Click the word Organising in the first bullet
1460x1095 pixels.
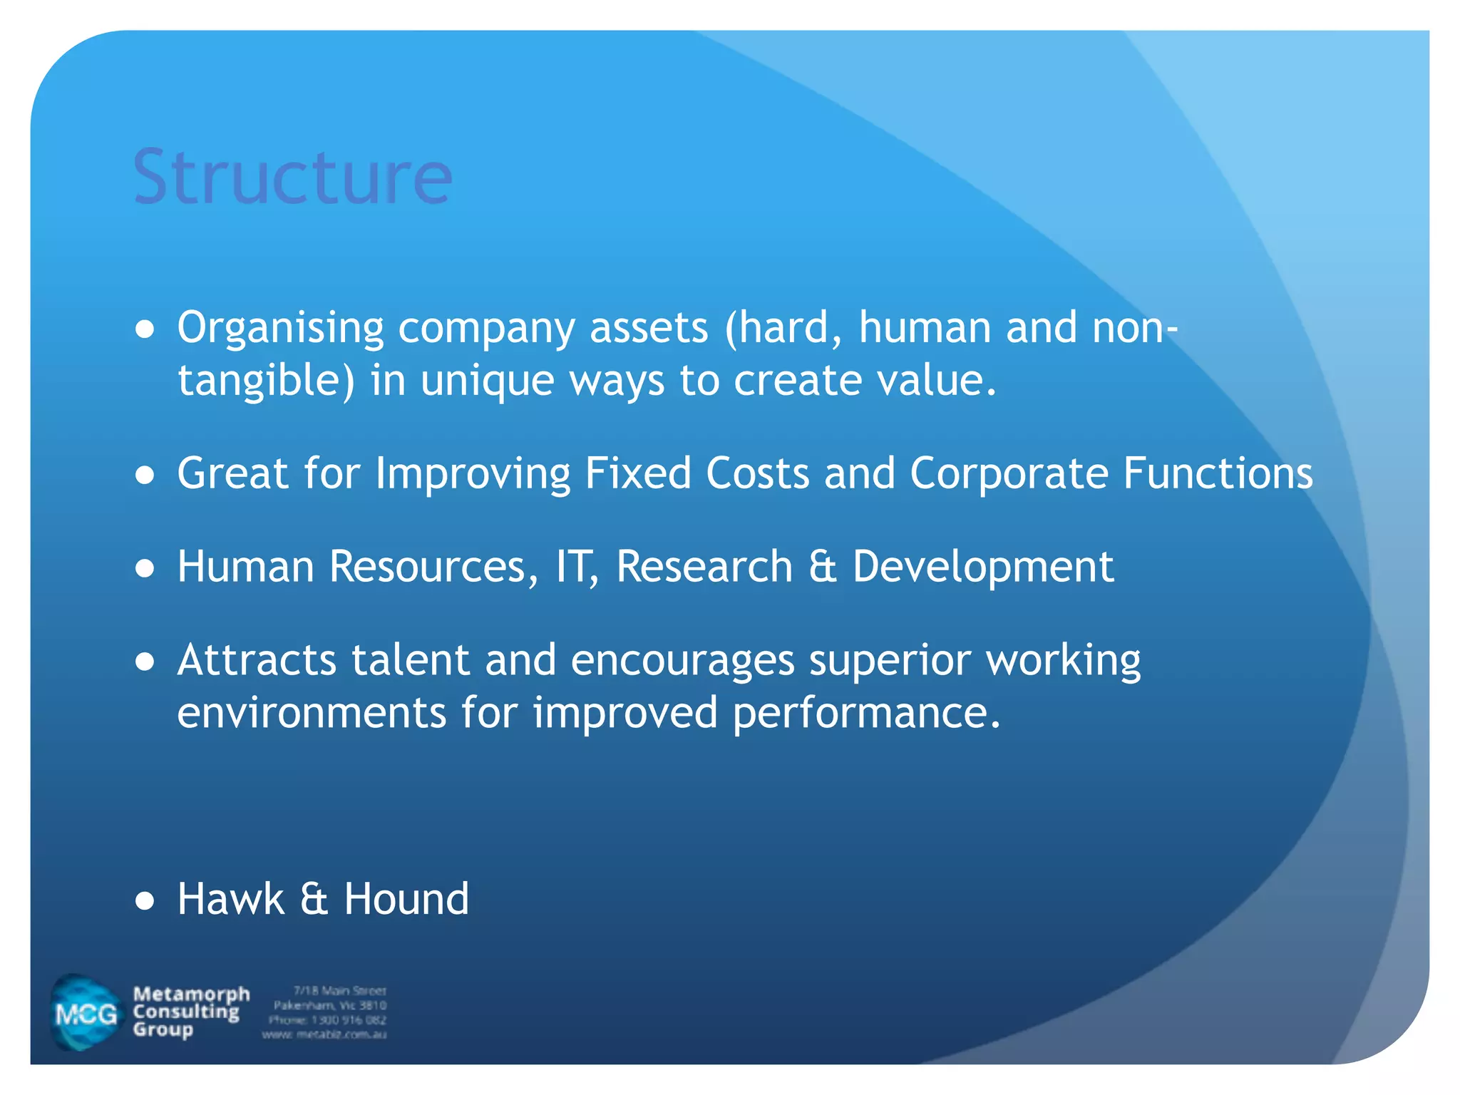pos(280,329)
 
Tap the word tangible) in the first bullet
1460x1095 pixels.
pos(265,381)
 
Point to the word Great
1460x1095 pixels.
pos(232,473)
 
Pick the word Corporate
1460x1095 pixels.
pos(1008,473)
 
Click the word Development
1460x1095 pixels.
pos(982,567)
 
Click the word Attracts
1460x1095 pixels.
pos(257,660)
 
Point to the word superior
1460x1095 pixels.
pos(890,660)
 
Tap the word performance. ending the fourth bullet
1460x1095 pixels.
pos(866,713)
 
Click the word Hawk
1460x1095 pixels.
pos(230,899)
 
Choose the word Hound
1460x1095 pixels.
pos(406,899)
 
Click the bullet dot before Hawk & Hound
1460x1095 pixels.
pos(145,901)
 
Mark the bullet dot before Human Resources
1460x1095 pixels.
pos(145,569)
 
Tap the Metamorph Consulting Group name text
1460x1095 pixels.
pos(190,1012)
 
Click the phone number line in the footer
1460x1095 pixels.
pos(327,1020)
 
